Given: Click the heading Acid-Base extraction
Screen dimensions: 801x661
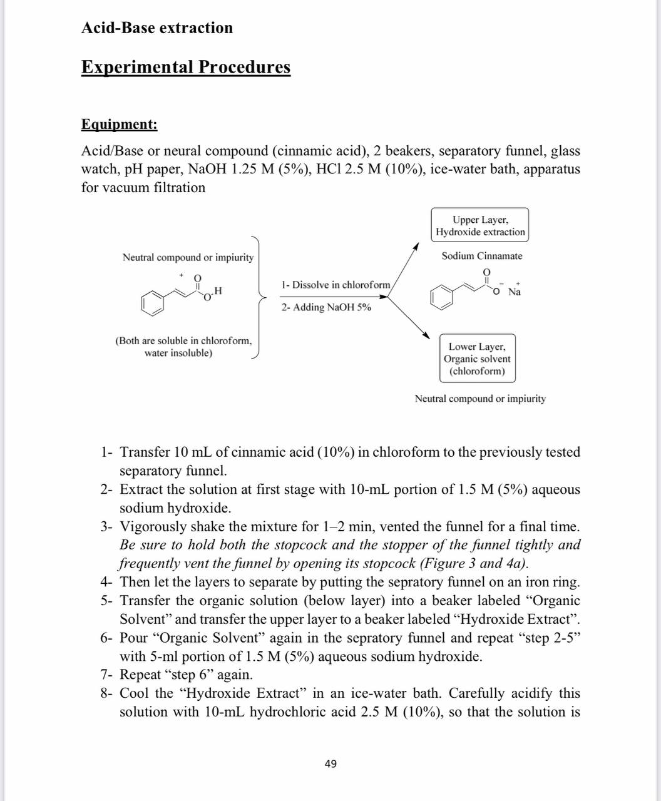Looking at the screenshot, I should (156, 28).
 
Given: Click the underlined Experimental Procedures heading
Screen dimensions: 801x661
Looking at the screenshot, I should (185, 67).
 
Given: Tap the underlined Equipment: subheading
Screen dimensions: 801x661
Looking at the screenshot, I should (119, 124).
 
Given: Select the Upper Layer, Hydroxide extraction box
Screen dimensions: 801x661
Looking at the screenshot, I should (480, 225).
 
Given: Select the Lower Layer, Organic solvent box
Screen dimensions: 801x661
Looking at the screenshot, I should (477, 359).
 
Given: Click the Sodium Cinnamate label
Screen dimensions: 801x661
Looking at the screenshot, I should (481, 256).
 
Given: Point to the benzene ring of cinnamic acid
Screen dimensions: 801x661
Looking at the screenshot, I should (152, 302).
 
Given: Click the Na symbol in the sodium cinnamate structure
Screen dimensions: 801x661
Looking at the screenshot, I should (515, 292).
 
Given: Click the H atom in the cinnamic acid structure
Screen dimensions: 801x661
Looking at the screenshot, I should (217, 291).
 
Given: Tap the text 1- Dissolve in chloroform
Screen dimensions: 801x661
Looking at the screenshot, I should (336, 285).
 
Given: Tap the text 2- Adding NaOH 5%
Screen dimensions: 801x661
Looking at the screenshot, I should (325, 307).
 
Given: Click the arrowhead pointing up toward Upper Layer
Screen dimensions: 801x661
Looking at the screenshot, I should (414, 248).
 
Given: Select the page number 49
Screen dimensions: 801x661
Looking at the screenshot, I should (330, 763).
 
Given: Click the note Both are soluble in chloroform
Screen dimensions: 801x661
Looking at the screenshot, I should (183, 341).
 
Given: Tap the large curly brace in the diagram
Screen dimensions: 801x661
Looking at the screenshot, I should (257, 297).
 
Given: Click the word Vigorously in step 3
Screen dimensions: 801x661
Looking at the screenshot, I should (153, 526).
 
